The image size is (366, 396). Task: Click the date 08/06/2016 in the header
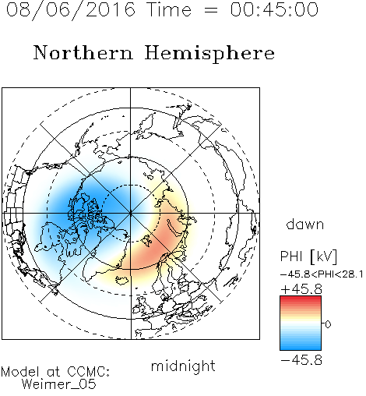[71, 10]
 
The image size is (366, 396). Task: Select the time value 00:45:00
[274, 9]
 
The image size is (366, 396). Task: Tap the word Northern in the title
[83, 52]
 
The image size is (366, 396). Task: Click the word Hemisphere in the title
[209, 54]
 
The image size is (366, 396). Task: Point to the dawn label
[305, 225]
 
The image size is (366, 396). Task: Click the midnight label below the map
[183, 366]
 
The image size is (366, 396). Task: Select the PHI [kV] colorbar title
[308, 256]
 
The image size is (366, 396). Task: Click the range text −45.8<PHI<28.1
[322, 274]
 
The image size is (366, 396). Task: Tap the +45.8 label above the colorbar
[301, 289]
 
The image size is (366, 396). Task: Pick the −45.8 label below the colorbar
[301, 360]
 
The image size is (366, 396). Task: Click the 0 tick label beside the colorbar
[328, 324]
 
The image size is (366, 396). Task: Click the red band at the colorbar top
[301, 299]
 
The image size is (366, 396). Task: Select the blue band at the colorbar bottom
[301, 347]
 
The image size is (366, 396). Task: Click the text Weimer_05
[59, 384]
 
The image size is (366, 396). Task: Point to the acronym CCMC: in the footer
[88, 372]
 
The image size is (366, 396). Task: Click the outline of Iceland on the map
[122, 280]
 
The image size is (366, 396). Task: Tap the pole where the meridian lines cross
[131, 214]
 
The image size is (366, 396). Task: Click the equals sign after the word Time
[211, 10]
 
